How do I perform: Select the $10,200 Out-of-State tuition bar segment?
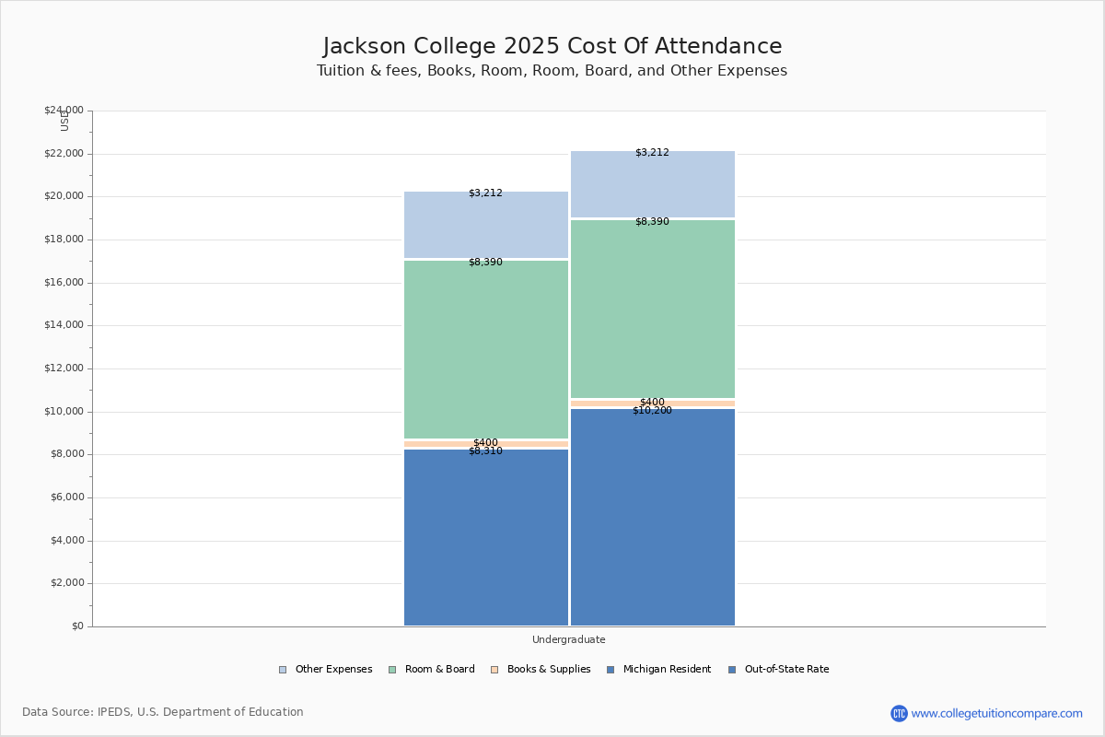click(x=653, y=517)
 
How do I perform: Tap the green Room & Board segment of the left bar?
click(x=486, y=350)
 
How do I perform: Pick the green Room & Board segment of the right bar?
click(x=653, y=310)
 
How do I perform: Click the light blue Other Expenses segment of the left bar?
click(x=486, y=225)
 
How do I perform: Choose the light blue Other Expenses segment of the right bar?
click(x=653, y=184)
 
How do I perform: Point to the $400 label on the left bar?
click(x=485, y=443)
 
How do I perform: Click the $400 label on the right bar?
click(x=652, y=403)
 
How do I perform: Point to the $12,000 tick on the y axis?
click(x=64, y=368)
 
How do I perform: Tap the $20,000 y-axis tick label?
click(x=64, y=196)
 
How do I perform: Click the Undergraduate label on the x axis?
click(x=569, y=639)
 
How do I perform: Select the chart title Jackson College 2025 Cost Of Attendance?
click(x=552, y=46)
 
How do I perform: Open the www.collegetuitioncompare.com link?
click(x=996, y=713)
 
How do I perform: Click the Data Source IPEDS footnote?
click(x=163, y=712)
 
